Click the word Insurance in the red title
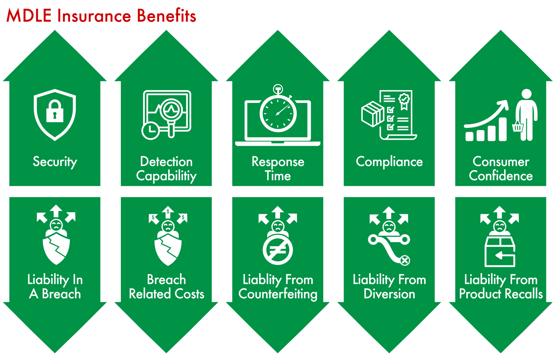94,16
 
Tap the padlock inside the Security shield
55,111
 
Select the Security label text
55,162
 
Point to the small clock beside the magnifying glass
150,130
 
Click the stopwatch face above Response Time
278,114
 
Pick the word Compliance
389,162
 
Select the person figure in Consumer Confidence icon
526,114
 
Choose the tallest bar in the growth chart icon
502,129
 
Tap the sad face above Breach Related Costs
168,226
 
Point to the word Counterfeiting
278,294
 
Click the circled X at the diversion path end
405,260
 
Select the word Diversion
389,294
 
